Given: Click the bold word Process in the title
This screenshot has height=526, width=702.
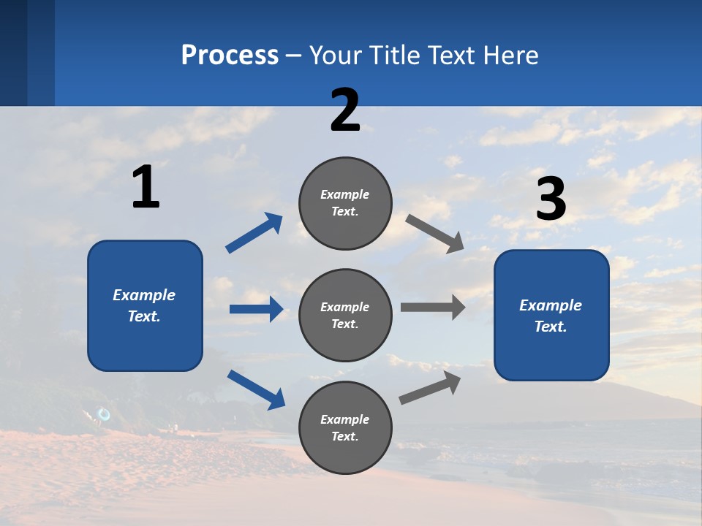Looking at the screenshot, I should click(x=230, y=55).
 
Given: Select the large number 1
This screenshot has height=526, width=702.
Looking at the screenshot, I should click(x=146, y=188).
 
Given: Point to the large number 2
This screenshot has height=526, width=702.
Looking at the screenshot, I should click(x=345, y=110).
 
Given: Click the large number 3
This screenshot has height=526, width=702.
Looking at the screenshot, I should click(x=551, y=199).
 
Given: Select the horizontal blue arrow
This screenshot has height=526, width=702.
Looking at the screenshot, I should click(x=256, y=309).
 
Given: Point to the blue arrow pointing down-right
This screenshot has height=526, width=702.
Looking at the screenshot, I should click(x=256, y=389).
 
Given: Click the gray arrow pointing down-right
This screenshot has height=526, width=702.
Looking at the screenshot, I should click(x=435, y=233).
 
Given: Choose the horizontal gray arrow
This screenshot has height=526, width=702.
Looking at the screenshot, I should click(x=432, y=308).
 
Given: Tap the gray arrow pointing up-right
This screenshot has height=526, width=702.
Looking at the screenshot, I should click(x=430, y=387).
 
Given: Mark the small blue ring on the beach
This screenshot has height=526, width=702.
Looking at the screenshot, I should click(x=104, y=414).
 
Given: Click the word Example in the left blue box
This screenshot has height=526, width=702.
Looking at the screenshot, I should click(x=144, y=295).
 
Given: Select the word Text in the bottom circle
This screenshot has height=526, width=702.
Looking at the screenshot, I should click(x=344, y=437).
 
